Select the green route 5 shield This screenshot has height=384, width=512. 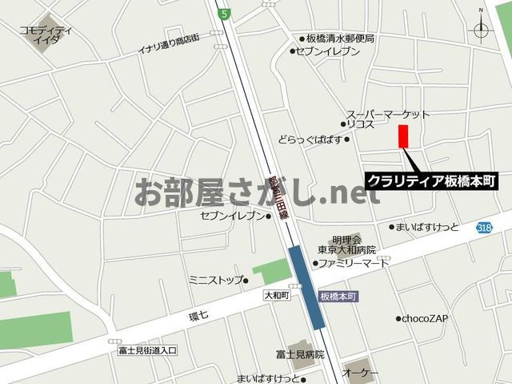[226, 14]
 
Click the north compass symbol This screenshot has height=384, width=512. [481, 30]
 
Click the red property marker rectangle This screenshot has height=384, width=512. [403, 136]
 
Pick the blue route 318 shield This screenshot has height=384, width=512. [483, 228]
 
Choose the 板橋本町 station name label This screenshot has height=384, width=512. [338, 297]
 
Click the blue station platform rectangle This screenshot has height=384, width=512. [306, 286]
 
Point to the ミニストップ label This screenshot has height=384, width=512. [215, 280]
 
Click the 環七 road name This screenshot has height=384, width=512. [198, 315]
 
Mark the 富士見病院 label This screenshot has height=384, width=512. [300, 354]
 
